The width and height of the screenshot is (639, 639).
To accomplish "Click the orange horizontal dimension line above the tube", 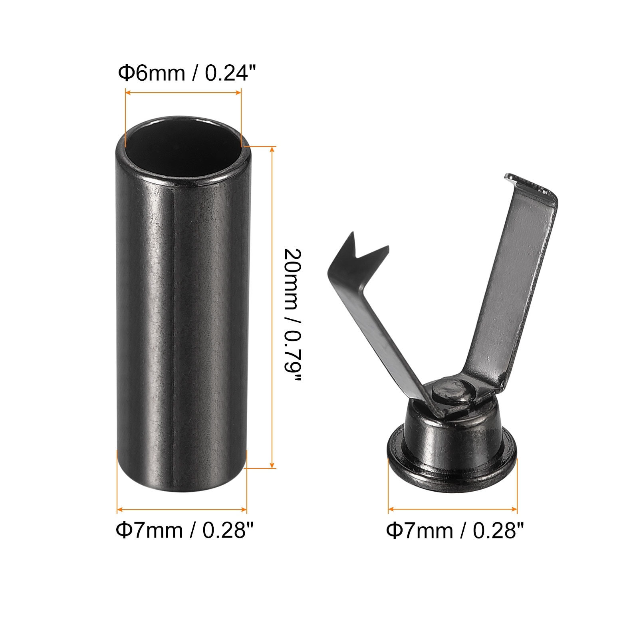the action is [183, 93].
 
